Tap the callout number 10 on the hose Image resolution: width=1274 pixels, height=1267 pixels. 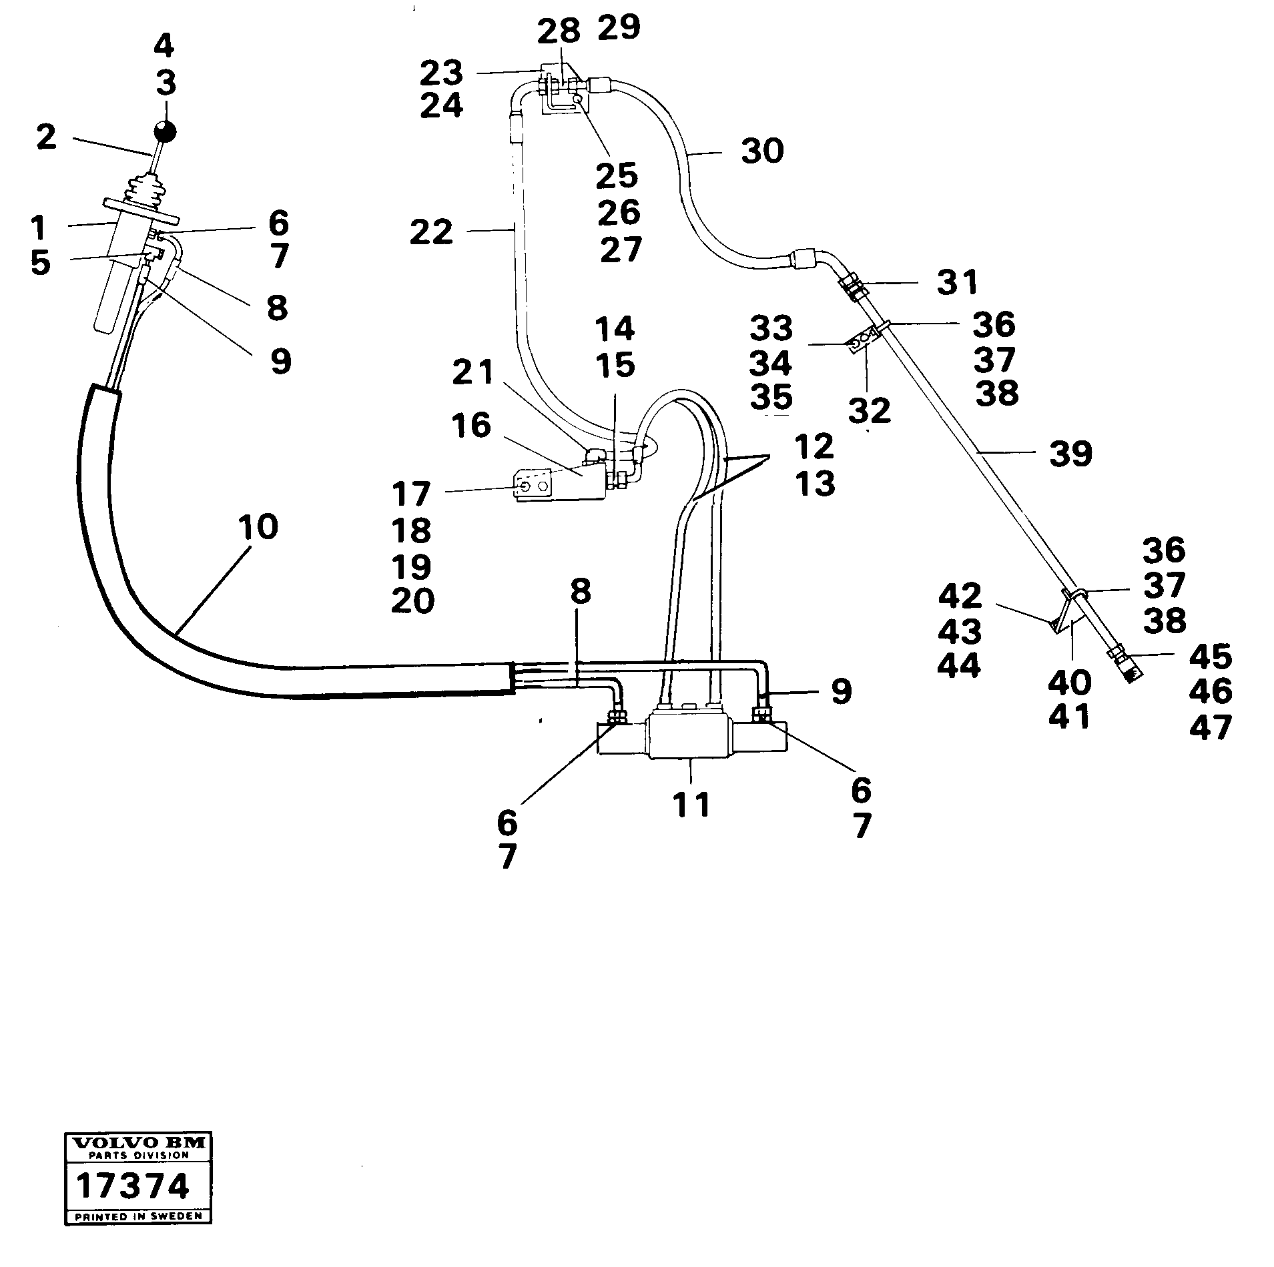257,527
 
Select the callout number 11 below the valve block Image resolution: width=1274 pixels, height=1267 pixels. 691,805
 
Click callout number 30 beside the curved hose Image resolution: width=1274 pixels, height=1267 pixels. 762,151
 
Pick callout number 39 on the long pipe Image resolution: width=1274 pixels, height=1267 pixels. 1070,454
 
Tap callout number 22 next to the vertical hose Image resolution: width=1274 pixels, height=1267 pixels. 431,233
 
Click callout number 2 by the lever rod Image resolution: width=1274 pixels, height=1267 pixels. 46,137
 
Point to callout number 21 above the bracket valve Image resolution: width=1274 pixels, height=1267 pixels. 472,372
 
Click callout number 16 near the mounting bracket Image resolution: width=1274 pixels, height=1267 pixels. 471,426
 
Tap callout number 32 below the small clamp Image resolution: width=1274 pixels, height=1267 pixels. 870,410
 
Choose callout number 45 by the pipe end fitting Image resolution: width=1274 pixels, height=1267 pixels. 1210,657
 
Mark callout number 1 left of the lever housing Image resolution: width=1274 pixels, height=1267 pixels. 38,228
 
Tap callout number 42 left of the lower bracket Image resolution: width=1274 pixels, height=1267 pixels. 960,596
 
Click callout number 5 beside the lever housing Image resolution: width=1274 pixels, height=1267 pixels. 40,263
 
